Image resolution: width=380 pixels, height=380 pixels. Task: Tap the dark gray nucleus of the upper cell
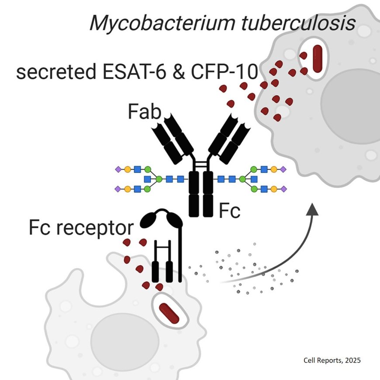350,100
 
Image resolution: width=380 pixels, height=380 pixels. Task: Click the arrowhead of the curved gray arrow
313,209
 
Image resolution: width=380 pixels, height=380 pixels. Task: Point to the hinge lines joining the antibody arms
201,164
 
